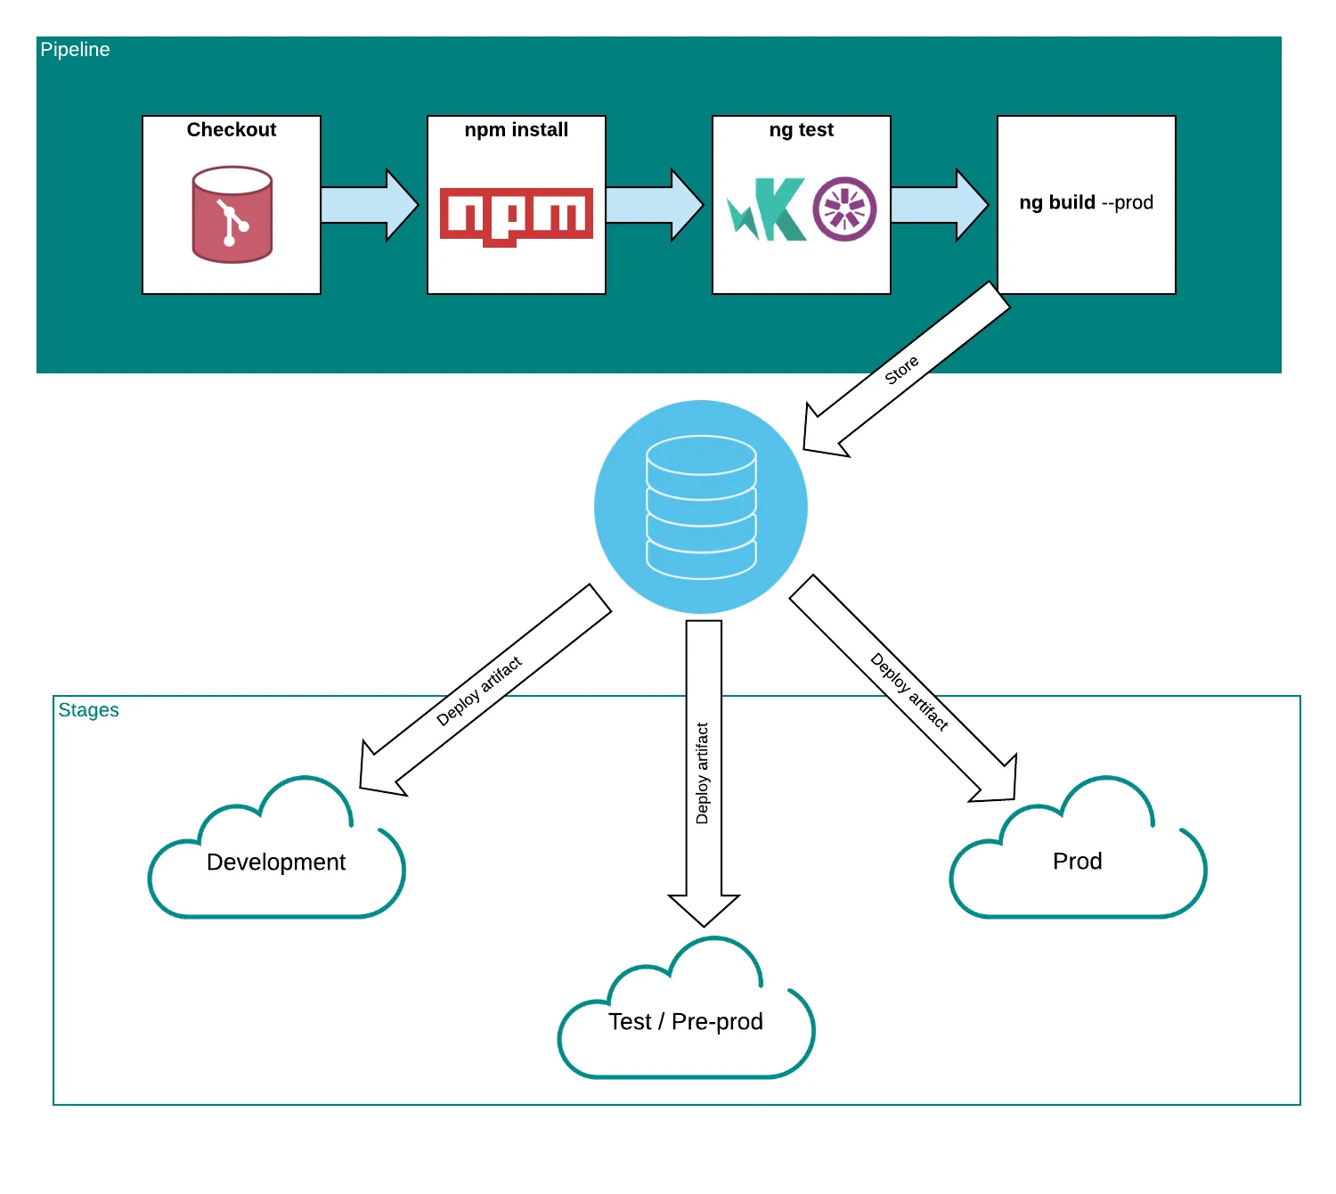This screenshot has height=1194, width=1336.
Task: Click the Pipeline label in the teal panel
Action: coord(75,50)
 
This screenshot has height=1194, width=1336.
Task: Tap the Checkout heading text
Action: coord(232,130)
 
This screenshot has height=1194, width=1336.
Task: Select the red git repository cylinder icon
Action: coord(232,215)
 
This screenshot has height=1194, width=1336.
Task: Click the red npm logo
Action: coord(517,216)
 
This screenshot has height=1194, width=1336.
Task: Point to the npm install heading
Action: coord(517,130)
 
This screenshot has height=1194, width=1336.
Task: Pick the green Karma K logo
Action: coord(768,210)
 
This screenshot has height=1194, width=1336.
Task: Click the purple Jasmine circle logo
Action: coord(844,209)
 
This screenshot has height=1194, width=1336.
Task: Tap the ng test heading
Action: coord(802,130)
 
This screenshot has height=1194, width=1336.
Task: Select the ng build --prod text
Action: coord(1086,203)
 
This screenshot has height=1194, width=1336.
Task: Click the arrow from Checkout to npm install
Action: coord(368,205)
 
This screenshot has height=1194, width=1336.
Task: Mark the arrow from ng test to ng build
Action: coord(938,205)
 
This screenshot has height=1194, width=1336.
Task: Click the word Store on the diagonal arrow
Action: coord(901,370)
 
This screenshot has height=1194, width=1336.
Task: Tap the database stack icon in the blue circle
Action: coord(701,507)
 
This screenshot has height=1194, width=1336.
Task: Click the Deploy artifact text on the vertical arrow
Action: coord(703,773)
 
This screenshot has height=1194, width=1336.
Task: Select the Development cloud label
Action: coord(276,863)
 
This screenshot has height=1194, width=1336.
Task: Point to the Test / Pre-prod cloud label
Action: coord(686,1022)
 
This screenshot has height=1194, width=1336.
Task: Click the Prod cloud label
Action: coord(1078,862)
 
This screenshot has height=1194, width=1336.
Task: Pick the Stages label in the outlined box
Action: coord(88,710)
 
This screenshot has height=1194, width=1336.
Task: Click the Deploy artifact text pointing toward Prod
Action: coord(909,691)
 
